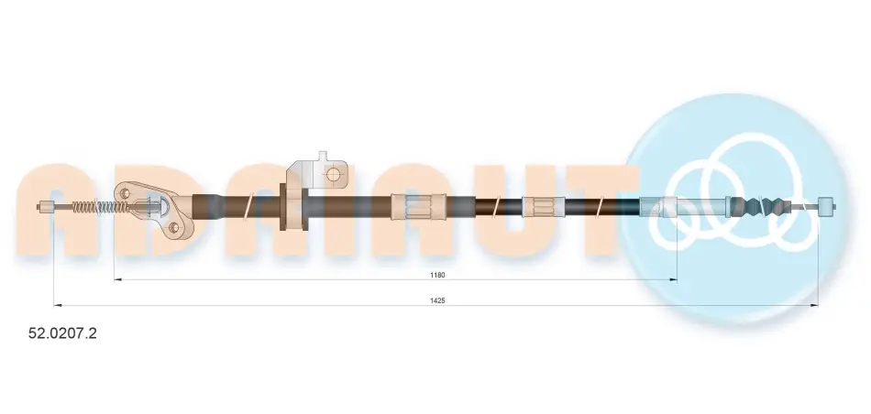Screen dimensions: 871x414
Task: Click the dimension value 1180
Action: pyautogui.click(x=437, y=275)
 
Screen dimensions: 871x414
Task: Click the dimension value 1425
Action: pyautogui.click(x=437, y=300)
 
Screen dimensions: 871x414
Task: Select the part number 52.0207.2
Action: pyautogui.click(x=62, y=333)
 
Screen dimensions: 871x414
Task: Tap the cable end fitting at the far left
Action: pyautogui.click(x=46, y=208)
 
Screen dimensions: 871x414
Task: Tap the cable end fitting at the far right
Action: pyautogui.click(x=827, y=207)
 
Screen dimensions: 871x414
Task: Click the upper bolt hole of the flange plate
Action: pyautogui.click(x=125, y=193)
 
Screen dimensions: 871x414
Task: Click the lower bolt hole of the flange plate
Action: pyautogui.click(x=173, y=227)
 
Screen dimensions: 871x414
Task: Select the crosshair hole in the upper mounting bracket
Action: pyautogui.click(x=333, y=174)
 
